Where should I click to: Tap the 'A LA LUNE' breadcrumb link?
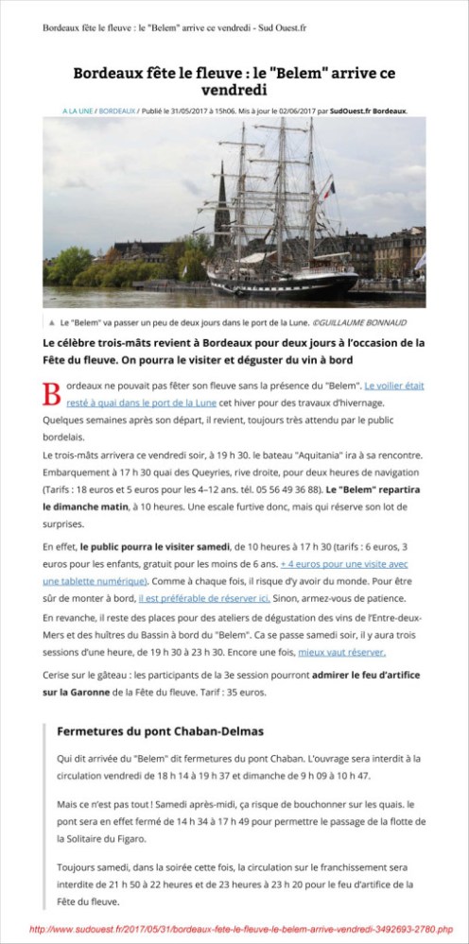click(78, 111)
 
